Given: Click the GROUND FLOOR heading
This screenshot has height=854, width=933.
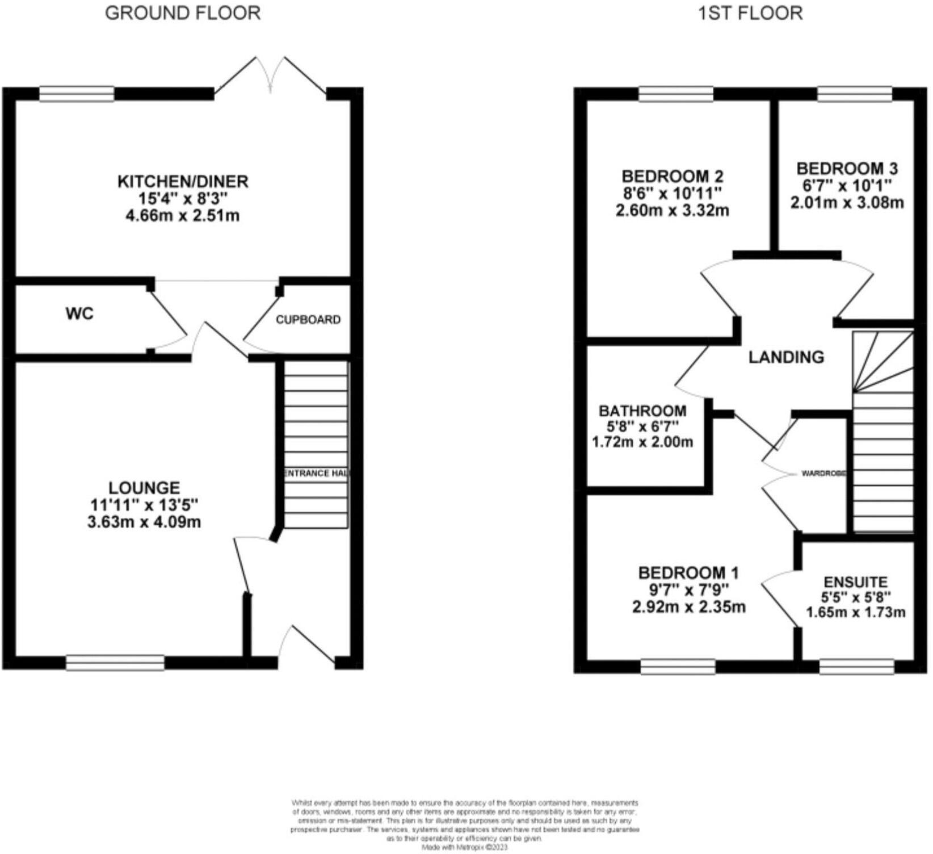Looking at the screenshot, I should pyautogui.click(x=183, y=13).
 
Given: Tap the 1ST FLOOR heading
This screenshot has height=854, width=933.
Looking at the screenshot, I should pyautogui.click(x=750, y=13).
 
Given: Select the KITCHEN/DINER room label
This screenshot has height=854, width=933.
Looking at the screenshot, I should pyautogui.click(x=183, y=182).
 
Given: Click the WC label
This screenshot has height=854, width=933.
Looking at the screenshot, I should pyautogui.click(x=79, y=313).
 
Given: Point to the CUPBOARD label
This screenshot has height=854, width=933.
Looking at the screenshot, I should pyautogui.click(x=308, y=320).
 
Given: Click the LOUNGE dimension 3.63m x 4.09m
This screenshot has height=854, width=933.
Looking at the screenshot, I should pyautogui.click(x=144, y=522).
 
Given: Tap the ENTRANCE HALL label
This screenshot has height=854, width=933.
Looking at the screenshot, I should pyautogui.click(x=316, y=473).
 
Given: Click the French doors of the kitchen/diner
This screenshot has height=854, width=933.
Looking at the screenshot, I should pyautogui.click(x=271, y=77).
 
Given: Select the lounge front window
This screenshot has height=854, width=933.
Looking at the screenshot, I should pyautogui.click(x=115, y=662).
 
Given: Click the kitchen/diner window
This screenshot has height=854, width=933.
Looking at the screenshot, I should pyautogui.click(x=77, y=94).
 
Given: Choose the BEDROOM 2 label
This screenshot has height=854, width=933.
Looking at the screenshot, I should pyautogui.click(x=673, y=176).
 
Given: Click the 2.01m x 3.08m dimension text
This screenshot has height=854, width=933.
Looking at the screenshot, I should pyautogui.click(x=847, y=203).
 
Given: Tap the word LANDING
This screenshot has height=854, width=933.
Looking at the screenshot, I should pyautogui.click(x=786, y=357).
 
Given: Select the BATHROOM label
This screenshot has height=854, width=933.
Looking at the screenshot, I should pyautogui.click(x=642, y=411).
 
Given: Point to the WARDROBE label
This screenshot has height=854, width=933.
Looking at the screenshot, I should pyautogui.click(x=823, y=473).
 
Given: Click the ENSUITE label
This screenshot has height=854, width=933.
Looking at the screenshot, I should pyautogui.click(x=855, y=582).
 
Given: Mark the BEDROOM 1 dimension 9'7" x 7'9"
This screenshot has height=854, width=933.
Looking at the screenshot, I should pyautogui.click(x=688, y=590).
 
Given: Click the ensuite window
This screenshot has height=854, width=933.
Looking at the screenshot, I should pyautogui.click(x=857, y=667).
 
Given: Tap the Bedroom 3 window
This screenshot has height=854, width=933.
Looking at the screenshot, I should pyautogui.click(x=854, y=94).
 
